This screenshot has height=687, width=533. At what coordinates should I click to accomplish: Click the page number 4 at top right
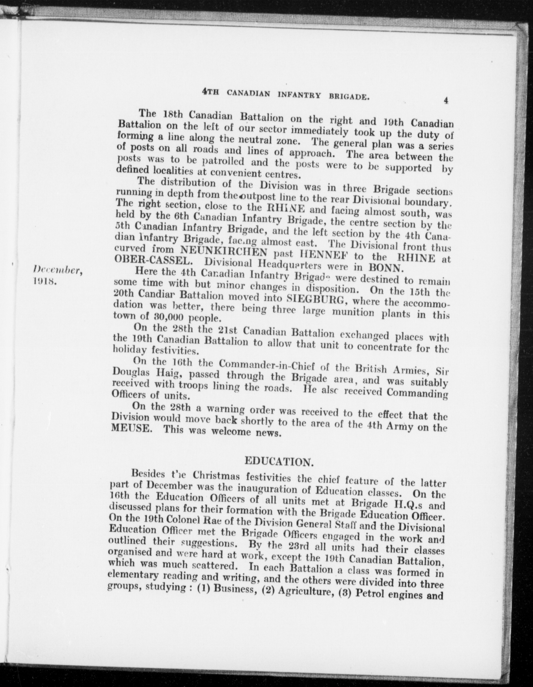[x=446, y=101]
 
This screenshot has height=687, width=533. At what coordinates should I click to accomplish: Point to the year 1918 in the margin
[x=45, y=282]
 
